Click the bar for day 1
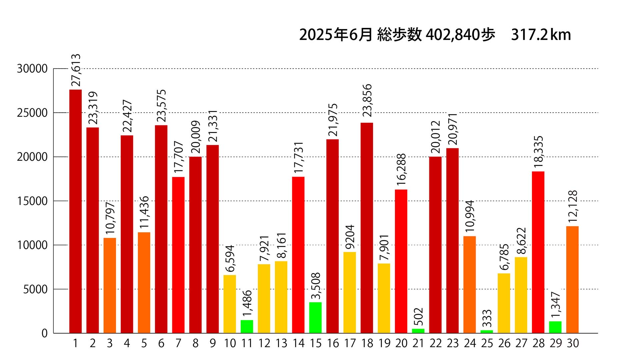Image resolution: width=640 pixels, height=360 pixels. [75, 211]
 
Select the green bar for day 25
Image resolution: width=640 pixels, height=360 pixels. [487, 331]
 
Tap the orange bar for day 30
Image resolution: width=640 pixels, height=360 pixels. [572, 280]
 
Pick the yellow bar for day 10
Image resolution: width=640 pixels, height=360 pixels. [230, 304]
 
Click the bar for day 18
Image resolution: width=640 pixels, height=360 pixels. [367, 228]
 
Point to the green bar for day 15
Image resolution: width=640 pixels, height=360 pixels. [315, 318]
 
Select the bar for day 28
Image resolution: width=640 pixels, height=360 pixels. [538, 252]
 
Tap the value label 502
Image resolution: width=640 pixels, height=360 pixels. [418, 317]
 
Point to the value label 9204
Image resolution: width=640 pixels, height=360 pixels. [350, 237]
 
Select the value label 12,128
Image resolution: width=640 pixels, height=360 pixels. [573, 207]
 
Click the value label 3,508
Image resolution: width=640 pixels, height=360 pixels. [316, 286]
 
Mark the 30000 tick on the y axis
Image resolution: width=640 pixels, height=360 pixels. [32, 69]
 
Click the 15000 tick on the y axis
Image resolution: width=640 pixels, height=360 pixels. [32, 201]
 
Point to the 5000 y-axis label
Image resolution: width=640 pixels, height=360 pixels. [35, 289]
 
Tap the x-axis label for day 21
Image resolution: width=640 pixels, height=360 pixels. [418, 343]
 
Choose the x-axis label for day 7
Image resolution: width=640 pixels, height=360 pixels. [178, 343]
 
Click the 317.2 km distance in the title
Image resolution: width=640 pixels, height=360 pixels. [541, 35]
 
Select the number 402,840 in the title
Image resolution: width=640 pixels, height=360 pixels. [453, 35]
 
